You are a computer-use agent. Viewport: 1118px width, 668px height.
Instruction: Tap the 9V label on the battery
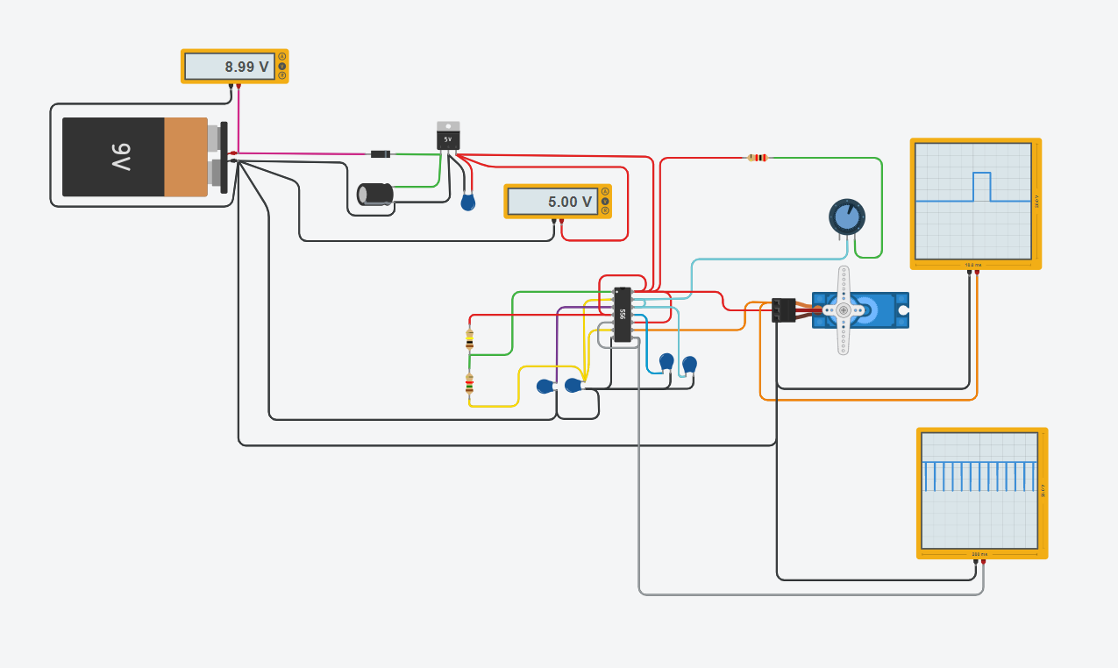[121, 158]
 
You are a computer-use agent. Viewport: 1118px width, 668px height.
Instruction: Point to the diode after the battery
[380, 154]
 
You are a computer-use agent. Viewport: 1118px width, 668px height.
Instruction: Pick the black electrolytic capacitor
[375, 195]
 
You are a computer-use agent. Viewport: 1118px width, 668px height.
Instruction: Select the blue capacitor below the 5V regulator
[468, 203]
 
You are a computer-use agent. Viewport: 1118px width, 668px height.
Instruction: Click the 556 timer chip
[622, 314]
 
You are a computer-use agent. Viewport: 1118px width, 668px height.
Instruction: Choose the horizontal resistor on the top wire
[757, 158]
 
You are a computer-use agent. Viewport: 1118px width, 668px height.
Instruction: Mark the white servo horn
[844, 309]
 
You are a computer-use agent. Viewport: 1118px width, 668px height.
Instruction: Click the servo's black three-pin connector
[783, 309]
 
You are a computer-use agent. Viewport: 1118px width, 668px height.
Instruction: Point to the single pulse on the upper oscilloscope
[981, 186]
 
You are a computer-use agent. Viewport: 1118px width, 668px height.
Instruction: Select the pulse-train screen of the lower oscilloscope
[979, 489]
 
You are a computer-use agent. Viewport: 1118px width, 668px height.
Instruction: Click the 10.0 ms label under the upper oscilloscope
[972, 264]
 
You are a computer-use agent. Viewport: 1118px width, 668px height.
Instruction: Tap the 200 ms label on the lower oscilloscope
[979, 554]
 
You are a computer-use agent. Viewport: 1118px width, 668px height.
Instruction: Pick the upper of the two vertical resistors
[469, 337]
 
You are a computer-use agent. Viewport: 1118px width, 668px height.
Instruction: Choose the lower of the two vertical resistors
[469, 383]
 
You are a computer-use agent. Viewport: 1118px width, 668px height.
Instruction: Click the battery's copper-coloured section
[185, 158]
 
